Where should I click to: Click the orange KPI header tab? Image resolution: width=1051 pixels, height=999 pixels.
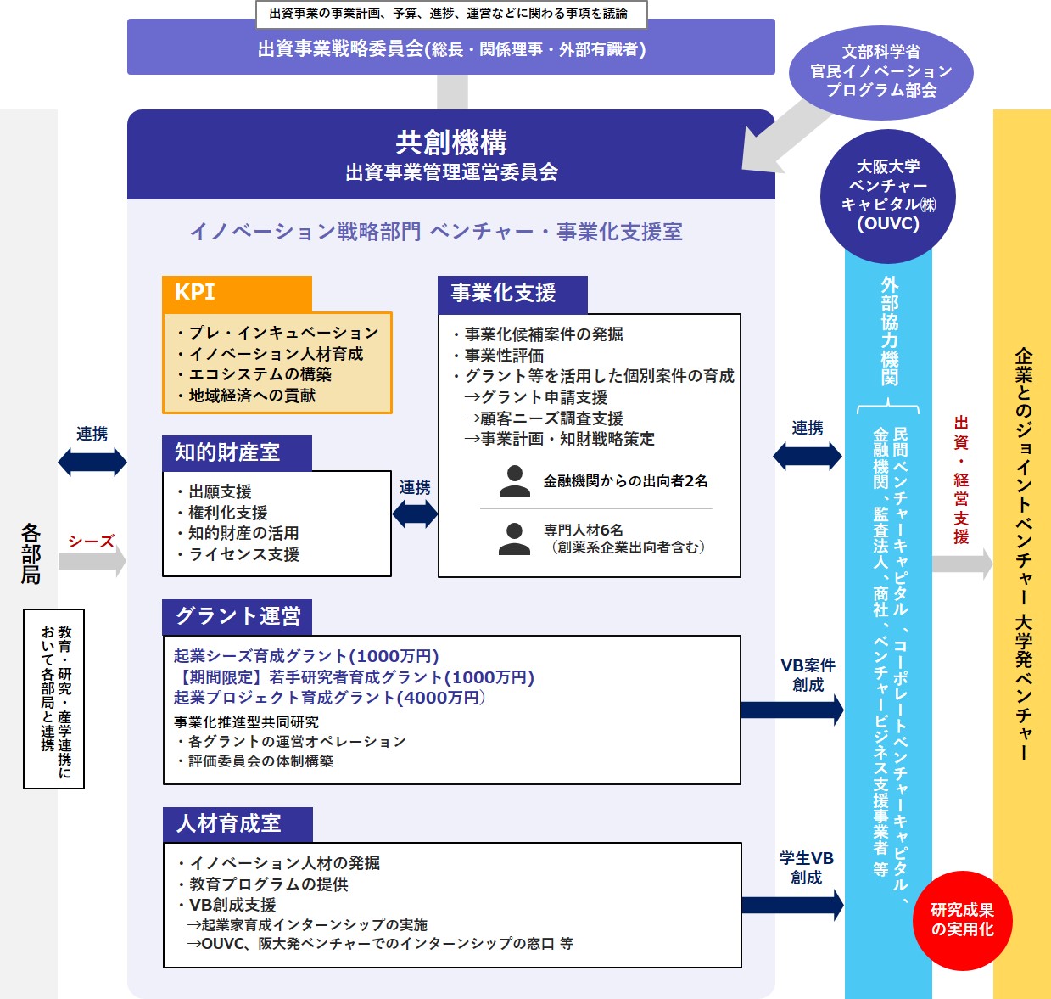point(237,294)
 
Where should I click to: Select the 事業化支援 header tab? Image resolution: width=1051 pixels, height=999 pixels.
point(512,294)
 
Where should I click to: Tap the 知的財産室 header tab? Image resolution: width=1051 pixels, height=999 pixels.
point(237,452)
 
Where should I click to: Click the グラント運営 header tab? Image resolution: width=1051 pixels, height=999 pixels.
point(237,616)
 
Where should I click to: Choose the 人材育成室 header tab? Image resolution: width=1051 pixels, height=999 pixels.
point(238,823)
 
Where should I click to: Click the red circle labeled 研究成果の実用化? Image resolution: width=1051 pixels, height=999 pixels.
point(962,920)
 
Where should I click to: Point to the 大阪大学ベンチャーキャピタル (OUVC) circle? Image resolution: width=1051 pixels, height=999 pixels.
point(888,195)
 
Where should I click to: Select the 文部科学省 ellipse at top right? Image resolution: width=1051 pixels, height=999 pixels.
point(880,71)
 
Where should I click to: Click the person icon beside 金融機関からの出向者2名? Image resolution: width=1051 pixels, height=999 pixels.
point(514,481)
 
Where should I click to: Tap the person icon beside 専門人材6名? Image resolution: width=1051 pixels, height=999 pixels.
point(514,539)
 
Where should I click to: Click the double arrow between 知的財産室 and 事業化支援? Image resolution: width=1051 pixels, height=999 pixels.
point(415,514)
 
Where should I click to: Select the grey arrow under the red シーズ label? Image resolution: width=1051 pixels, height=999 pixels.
point(92,560)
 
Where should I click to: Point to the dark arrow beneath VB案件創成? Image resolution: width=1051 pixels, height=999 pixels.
point(791,710)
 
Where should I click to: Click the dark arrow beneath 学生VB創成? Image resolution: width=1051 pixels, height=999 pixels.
point(791,905)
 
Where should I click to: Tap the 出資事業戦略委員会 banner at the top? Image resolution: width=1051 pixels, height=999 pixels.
point(451,48)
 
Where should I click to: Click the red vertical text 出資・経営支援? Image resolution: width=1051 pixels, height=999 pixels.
point(960,480)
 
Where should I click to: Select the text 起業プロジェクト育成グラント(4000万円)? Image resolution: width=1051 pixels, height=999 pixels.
point(329,698)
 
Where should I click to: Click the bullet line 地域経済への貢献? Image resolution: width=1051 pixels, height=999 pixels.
point(252,396)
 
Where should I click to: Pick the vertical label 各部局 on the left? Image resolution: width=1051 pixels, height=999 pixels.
point(31,554)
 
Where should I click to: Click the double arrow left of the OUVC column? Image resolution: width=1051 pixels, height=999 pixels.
point(807,456)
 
